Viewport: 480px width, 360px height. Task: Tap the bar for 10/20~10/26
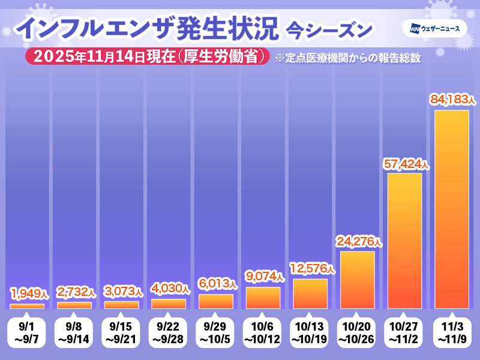coord(357,280)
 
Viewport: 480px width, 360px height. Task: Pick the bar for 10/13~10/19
coord(310,294)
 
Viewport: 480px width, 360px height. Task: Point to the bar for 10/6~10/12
coord(263,298)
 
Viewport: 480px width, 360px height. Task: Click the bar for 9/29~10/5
coord(216,301)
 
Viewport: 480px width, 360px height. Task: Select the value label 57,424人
coord(406,163)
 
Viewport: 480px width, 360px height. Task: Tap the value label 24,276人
coord(358,241)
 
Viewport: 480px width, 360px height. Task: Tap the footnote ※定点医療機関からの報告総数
coord(346,58)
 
